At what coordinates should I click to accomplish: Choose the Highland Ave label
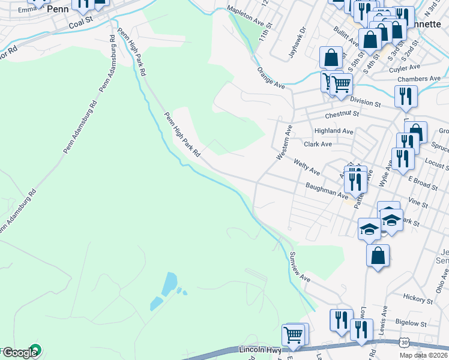click(x=334, y=130)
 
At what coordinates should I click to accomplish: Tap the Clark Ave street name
click(x=318, y=144)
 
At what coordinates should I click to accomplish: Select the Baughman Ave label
click(x=327, y=191)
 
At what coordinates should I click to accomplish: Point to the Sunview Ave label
click(x=299, y=267)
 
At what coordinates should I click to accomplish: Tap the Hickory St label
click(x=414, y=297)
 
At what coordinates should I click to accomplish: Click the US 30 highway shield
click(x=404, y=341)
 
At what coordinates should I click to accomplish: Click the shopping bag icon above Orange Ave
click(x=331, y=58)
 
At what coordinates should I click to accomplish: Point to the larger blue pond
click(x=169, y=281)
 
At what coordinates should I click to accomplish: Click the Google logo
click(x=22, y=353)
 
